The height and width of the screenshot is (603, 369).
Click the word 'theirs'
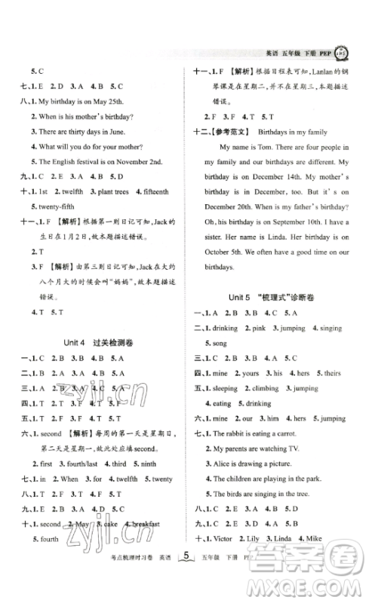click(x=332, y=372)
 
